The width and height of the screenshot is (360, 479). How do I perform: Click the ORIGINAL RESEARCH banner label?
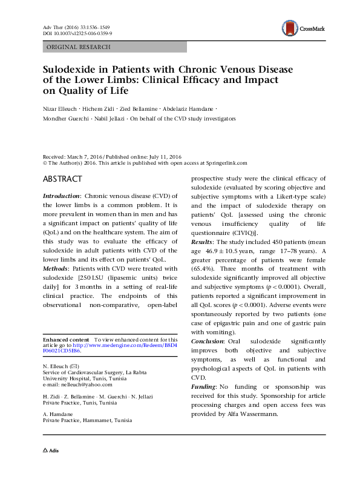coord(78,47)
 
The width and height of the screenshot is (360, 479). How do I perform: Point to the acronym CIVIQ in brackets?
coord(240,233)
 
